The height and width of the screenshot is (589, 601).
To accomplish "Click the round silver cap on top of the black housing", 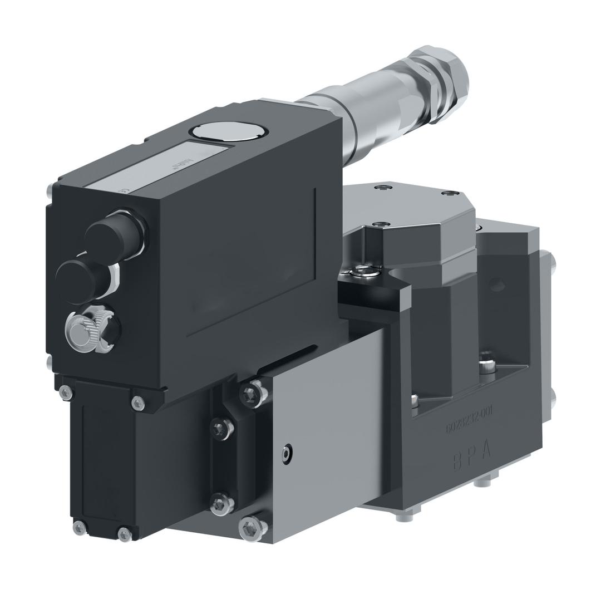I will coord(229,131).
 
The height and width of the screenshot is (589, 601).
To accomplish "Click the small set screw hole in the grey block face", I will coord(287,454).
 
